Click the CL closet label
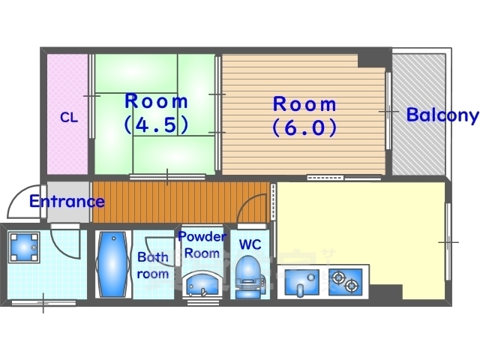click(69, 118)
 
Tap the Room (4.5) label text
click(156, 113)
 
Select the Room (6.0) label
click(304, 115)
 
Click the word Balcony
click(442, 115)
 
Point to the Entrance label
click(67, 202)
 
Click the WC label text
click(250, 244)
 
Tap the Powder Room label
click(202, 245)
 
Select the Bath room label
click(153, 265)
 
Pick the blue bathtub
click(112, 265)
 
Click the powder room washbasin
click(202, 283)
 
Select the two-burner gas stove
click(345, 282)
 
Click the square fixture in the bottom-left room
click(24, 247)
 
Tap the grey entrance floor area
click(68, 202)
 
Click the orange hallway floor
click(181, 202)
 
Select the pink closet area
click(67, 114)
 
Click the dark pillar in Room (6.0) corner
click(372, 61)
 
